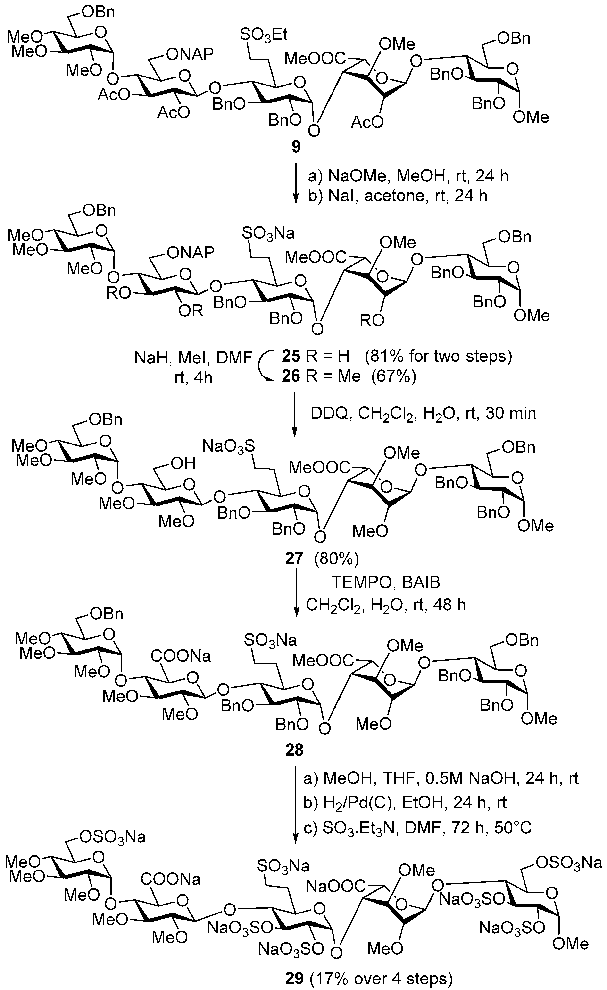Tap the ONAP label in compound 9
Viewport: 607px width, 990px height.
point(190,54)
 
